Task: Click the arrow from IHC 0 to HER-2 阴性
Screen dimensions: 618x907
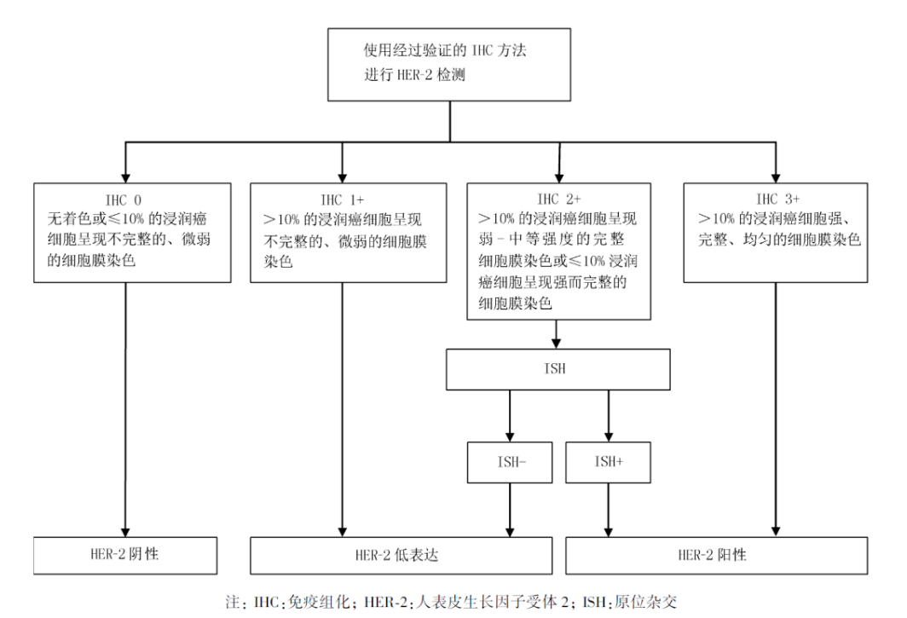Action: tap(125, 409)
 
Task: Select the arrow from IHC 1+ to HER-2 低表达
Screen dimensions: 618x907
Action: tap(341, 409)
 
